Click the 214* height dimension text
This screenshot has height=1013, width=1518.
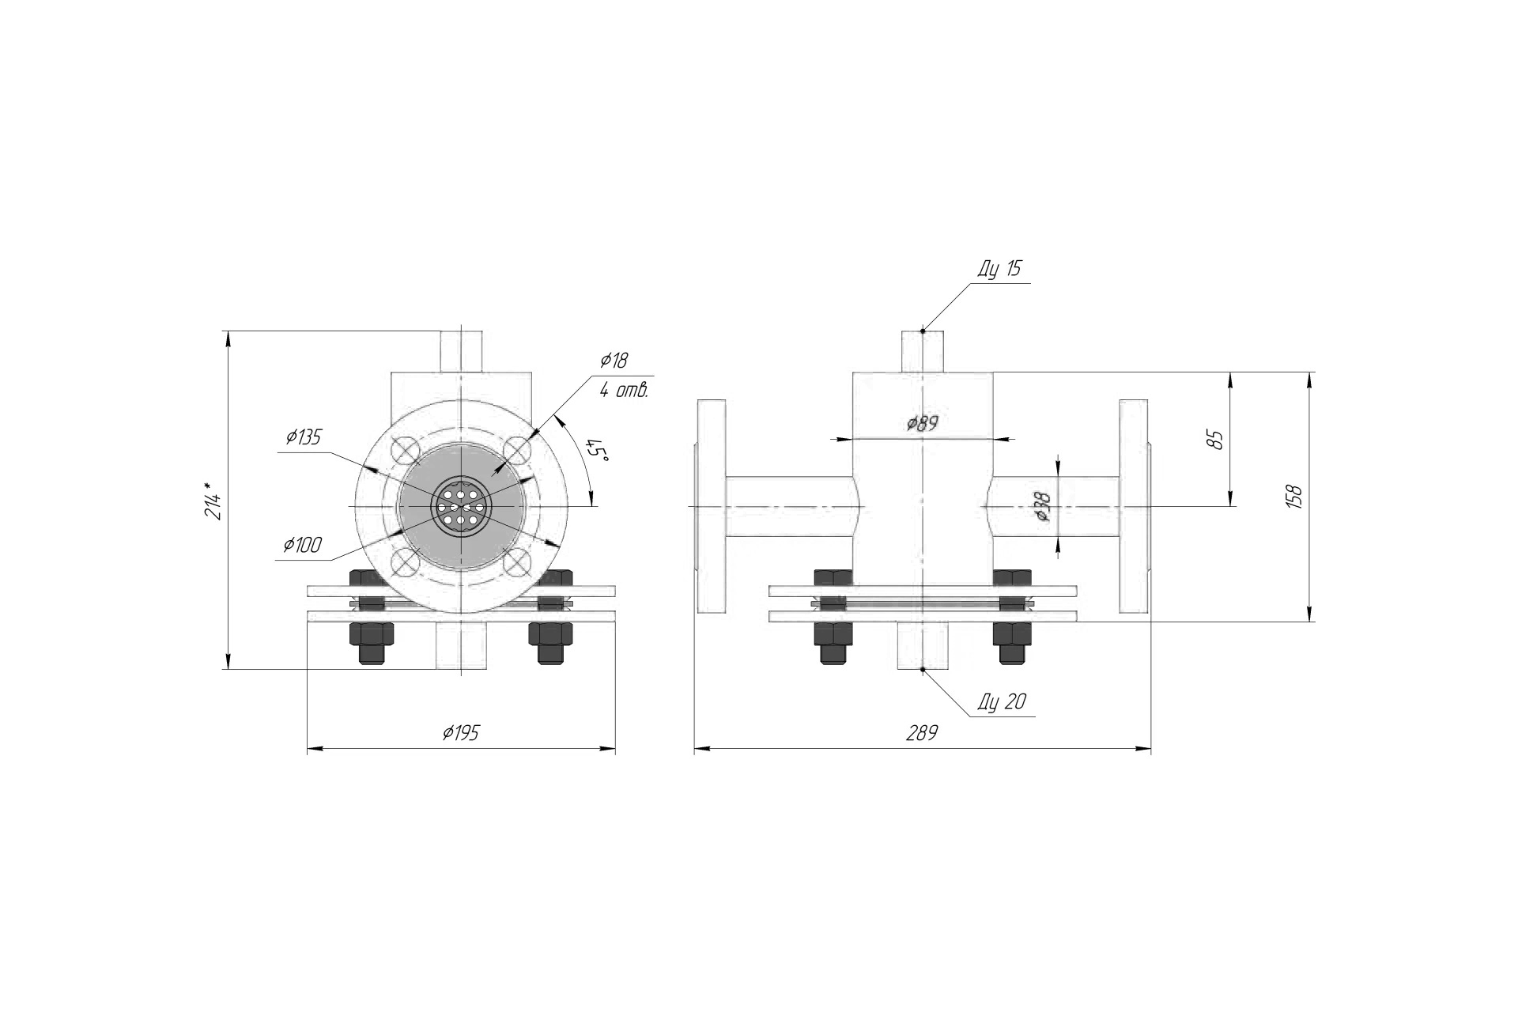pyautogui.click(x=213, y=500)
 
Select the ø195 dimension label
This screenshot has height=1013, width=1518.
pyautogui.click(x=461, y=732)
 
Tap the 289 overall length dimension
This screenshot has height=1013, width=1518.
pyautogui.click(x=922, y=732)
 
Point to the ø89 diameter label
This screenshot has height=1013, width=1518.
pyautogui.click(x=922, y=422)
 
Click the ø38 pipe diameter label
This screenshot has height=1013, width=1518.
pyautogui.click(x=1043, y=506)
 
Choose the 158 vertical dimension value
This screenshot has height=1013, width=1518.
pyautogui.click(x=1293, y=496)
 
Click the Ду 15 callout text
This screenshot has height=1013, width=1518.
pyautogui.click(x=999, y=269)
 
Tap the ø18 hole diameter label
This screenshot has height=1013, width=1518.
pyautogui.click(x=614, y=361)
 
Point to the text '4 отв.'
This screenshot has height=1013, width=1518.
pyautogui.click(x=623, y=390)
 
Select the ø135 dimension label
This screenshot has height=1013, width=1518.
pyautogui.click(x=304, y=437)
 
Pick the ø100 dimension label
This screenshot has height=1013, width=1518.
pyautogui.click(x=304, y=544)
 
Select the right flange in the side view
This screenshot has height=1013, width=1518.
pyautogui.click(x=1135, y=506)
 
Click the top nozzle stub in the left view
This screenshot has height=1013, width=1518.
pyautogui.click(x=462, y=351)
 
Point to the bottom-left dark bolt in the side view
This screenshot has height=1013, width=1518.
pyautogui.click(x=833, y=643)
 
